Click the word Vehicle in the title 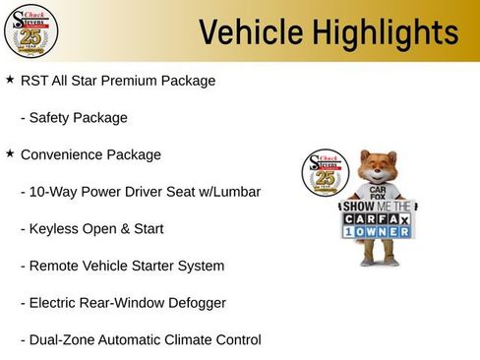click(246, 32)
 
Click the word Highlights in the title click(380, 32)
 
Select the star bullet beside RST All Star click(10, 80)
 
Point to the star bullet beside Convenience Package click(10, 154)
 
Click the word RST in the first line click(35, 81)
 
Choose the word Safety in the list click(51, 118)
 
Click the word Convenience click(65, 155)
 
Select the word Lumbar click(237, 192)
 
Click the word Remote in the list click(55, 267)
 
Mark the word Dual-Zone click(64, 340)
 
